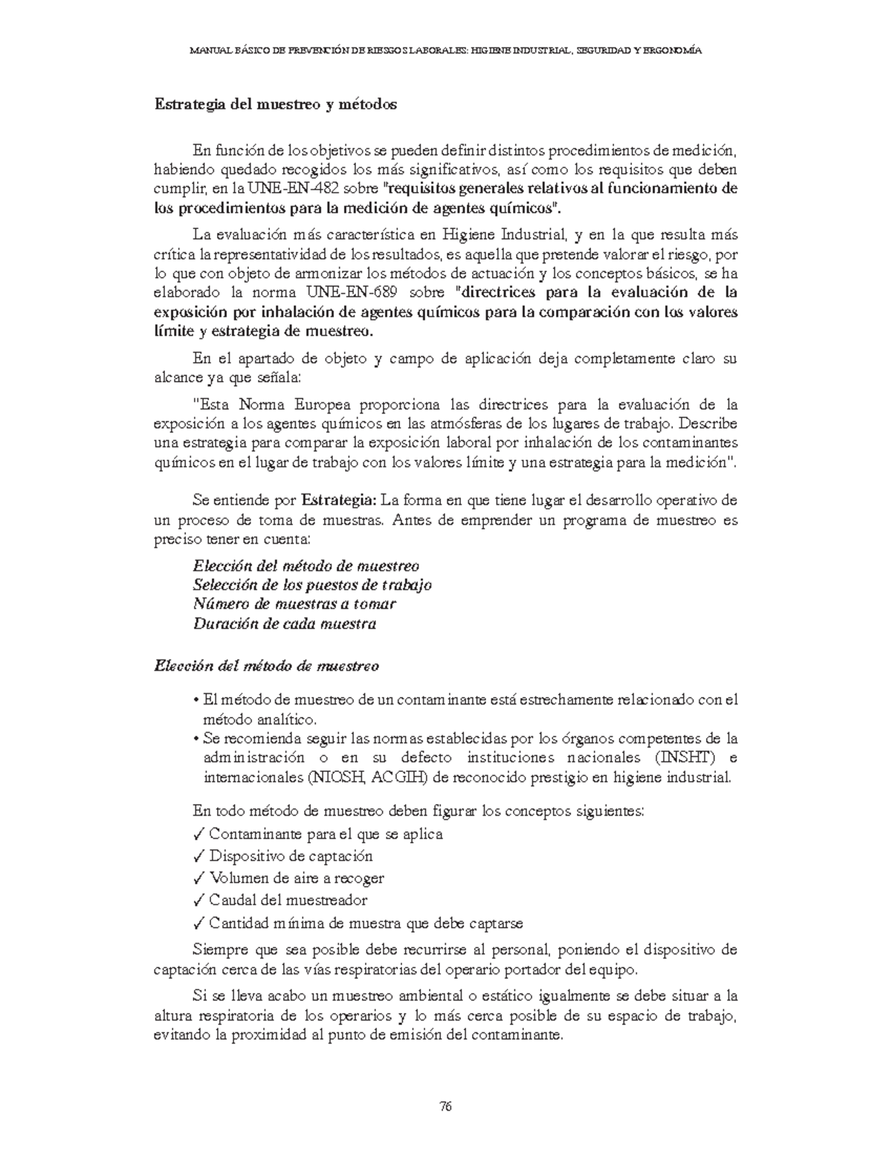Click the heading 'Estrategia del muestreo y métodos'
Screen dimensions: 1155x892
click(x=275, y=104)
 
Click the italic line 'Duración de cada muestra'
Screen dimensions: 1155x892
click(x=284, y=624)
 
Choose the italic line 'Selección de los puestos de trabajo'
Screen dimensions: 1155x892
click(x=311, y=585)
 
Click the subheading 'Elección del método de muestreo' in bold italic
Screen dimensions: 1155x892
click(x=265, y=666)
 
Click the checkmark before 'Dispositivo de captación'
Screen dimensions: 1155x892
click(x=197, y=856)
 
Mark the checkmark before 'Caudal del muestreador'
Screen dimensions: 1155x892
click(x=197, y=901)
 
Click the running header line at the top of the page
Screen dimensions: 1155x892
click(x=445, y=51)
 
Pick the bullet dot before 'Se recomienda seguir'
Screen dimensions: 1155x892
click(x=195, y=740)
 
